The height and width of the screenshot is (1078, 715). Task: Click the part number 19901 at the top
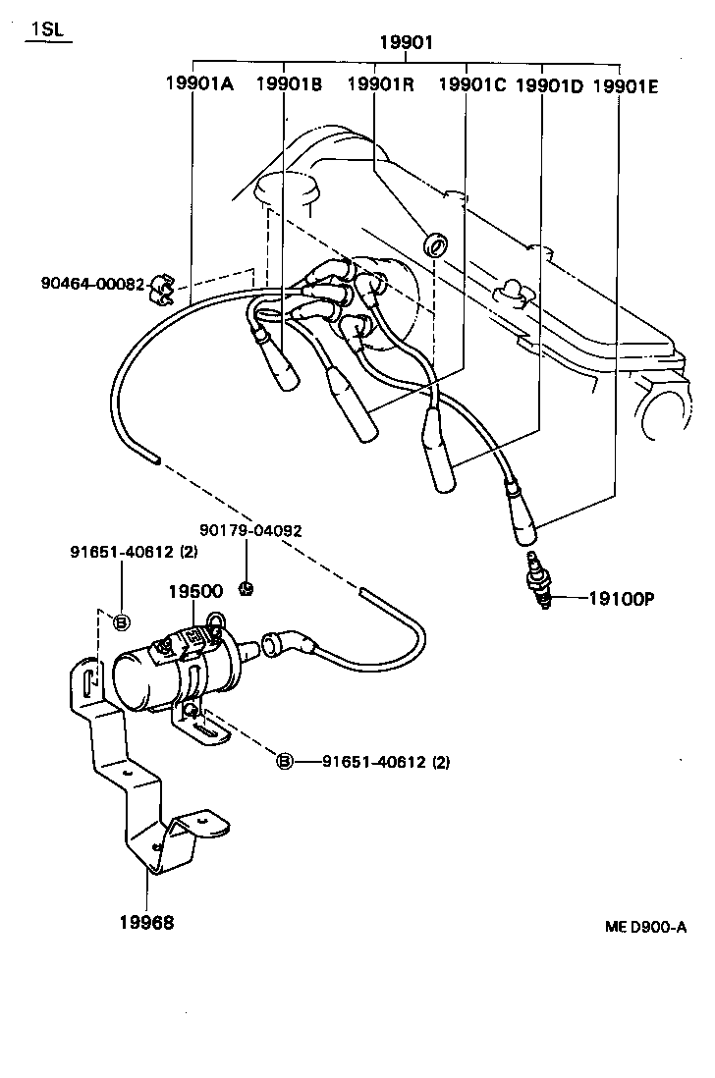coord(406,42)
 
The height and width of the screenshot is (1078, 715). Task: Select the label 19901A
coord(198,84)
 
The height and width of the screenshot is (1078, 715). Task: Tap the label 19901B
coord(289,84)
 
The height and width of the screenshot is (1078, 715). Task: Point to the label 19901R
coord(380,84)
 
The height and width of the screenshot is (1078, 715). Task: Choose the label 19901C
coord(471,84)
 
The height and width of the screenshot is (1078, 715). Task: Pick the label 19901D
coord(549,85)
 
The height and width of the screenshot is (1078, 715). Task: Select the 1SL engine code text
coord(46,29)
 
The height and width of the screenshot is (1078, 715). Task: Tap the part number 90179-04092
coord(250,530)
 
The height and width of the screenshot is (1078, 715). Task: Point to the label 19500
coord(194,591)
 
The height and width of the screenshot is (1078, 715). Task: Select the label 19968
coord(147,922)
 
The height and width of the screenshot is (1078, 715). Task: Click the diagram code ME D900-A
coord(645,927)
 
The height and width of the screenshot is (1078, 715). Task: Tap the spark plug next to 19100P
coord(538,583)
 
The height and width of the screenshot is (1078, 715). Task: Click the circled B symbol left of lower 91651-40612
coord(284,761)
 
